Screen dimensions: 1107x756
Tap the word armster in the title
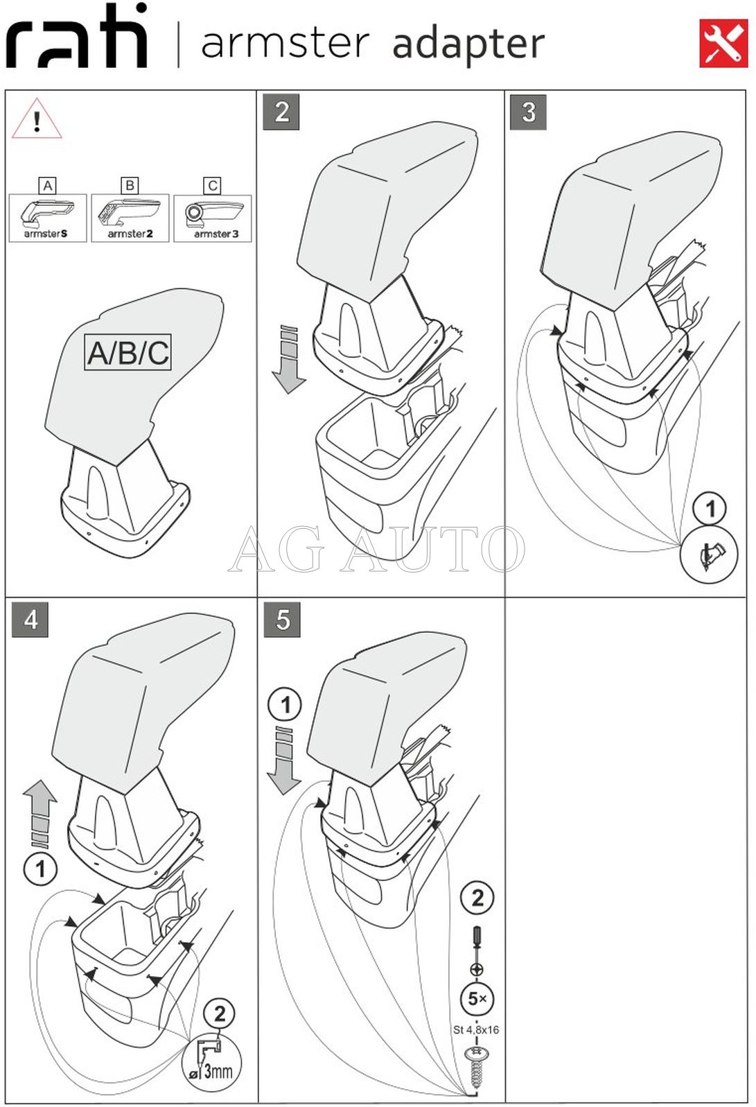[x=285, y=42]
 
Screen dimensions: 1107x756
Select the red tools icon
[x=723, y=44]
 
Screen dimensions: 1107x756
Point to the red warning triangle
[x=37, y=120]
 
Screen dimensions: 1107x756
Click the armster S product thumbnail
[x=48, y=218]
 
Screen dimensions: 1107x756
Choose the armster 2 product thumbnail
[x=130, y=218]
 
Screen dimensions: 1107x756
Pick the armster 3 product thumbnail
[x=213, y=218]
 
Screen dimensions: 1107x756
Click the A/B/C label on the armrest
[x=128, y=352]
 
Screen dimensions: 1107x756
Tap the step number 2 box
[x=281, y=112]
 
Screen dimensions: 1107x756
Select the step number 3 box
[x=529, y=112]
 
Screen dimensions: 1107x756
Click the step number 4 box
[x=30, y=619]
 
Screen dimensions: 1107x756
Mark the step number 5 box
[x=282, y=619]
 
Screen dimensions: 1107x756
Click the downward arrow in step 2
[x=288, y=359]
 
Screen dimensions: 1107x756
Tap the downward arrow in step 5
[x=284, y=760]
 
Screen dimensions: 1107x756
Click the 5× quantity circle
[x=477, y=999]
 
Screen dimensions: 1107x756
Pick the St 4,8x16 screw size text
[x=476, y=1029]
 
